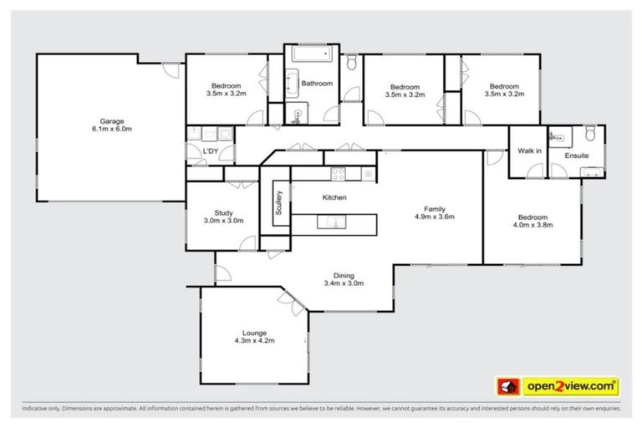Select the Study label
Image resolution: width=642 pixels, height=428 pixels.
pyautogui.click(x=223, y=212)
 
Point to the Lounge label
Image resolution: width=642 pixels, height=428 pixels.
pyautogui.click(x=254, y=332)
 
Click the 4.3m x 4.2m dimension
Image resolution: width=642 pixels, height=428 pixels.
pyautogui.click(x=254, y=341)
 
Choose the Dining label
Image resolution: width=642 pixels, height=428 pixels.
pyautogui.click(x=344, y=275)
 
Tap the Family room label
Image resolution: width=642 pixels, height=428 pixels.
pyautogui.click(x=433, y=208)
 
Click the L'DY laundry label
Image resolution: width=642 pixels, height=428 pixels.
pyautogui.click(x=211, y=150)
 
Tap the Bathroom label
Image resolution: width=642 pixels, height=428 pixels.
pyautogui.click(x=317, y=84)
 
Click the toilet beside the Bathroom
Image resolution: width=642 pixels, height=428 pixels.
pyautogui.click(x=352, y=63)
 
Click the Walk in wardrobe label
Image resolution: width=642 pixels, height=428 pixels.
pyautogui.click(x=529, y=151)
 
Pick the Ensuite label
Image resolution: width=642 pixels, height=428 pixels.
pyautogui.click(x=578, y=155)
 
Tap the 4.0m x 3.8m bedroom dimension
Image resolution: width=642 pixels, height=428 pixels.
pyautogui.click(x=533, y=225)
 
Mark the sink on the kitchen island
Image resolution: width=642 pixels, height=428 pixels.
pyautogui.click(x=332, y=222)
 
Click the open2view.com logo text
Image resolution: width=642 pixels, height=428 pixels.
pyautogui.click(x=570, y=386)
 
